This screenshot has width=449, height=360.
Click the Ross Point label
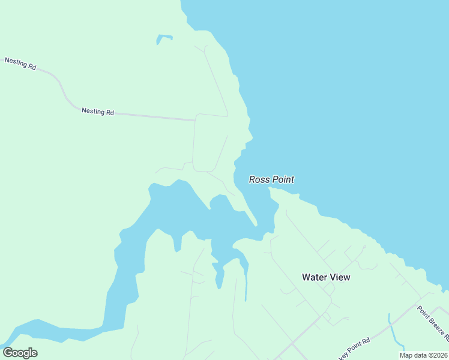[x=271, y=179]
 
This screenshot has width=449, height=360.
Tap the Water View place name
[x=326, y=277]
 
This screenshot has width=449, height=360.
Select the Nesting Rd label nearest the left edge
[x=20, y=63]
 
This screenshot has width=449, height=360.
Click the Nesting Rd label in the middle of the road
[x=98, y=112]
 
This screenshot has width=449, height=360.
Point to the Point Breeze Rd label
[x=432, y=325]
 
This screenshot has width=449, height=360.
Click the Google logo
[x=20, y=353]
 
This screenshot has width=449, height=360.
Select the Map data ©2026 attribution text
[x=424, y=355]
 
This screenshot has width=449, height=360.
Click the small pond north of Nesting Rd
[x=164, y=38]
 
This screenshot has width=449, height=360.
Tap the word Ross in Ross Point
[x=259, y=179]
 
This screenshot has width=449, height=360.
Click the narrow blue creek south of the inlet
[x=246, y=282]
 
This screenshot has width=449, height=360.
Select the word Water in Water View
[x=314, y=277]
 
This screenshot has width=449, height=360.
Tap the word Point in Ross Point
[x=283, y=179]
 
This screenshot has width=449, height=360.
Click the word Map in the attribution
[x=406, y=355]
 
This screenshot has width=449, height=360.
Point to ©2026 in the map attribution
[x=438, y=355]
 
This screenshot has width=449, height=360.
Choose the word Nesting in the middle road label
[x=93, y=111]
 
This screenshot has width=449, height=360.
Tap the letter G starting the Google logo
[x=8, y=353]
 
